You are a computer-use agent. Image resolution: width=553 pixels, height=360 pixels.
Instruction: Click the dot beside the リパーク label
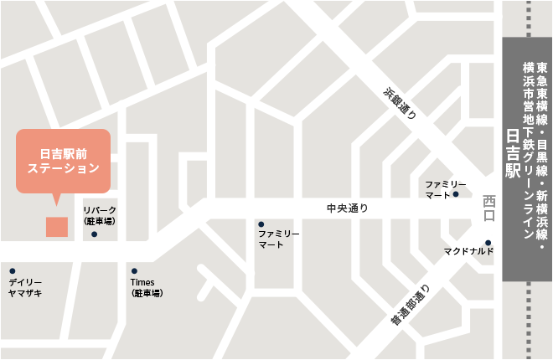pyautogui.click(x=95, y=234)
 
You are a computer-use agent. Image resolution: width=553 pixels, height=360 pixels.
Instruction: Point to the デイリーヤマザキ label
pyautogui.click(x=25, y=287)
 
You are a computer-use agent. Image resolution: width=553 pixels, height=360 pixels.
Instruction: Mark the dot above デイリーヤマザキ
pyautogui.click(x=13, y=271)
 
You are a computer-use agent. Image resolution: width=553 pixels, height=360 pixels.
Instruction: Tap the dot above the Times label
pyautogui.click(x=134, y=271)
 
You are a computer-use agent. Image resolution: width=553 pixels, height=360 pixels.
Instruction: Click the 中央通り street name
pyautogui.click(x=347, y=208)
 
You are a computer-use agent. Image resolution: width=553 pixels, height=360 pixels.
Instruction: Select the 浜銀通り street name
pyautogui.click(x=400, y=105)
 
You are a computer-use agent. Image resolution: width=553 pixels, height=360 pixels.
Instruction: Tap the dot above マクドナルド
pyautogui.click(x=488, y=244)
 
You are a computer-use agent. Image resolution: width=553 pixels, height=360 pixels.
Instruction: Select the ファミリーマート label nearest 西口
pyautogui.click(x=437, y=189)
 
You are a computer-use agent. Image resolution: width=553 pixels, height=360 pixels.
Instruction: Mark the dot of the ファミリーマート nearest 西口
pyautogui.click(x=456, y=195)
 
